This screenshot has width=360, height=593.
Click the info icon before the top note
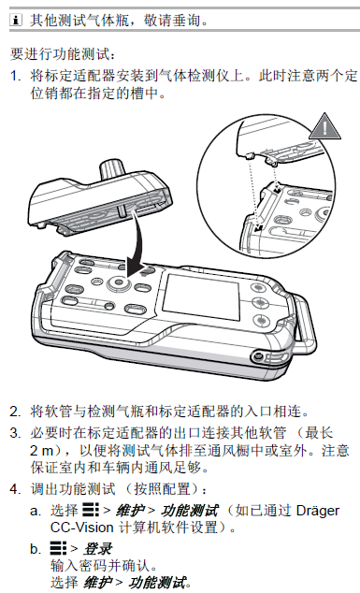click(15, 18)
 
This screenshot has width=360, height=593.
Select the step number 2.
click(15, 411)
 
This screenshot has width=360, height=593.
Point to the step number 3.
click(15, 434)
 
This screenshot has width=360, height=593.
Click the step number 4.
click(15, 489)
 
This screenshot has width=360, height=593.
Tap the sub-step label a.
click(35, 511)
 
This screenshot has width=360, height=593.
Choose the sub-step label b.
click(35, 548)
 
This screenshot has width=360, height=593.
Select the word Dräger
click(318, 511)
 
